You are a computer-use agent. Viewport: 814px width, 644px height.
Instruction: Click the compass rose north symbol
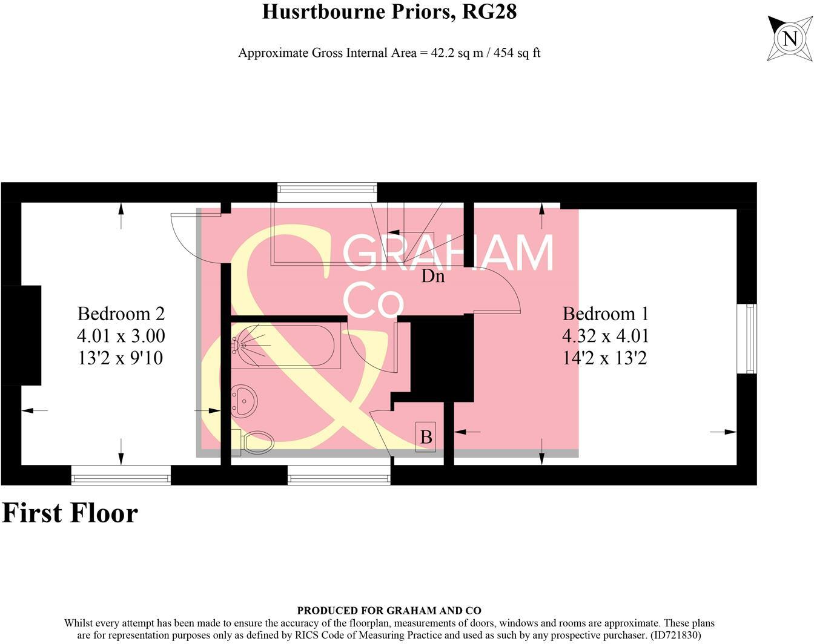pyautogui.click(x=790, y=39)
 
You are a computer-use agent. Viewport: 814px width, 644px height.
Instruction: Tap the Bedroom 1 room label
pyautogui.click(x=605, y=314)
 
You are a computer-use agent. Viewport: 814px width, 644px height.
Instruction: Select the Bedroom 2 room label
pyautogui.click(x=121, y=314)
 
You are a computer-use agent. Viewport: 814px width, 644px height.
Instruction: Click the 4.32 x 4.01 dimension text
pyautogui.click(x=605, y=336)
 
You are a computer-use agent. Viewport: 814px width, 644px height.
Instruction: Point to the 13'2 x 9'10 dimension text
pyautogui.click(x=121, y=358)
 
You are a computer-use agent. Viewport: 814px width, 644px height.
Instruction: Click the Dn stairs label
pyautogui.click(x=433, y=277)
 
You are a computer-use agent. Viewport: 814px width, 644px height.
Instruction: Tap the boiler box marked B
pyautogui.click(x=426, y=436)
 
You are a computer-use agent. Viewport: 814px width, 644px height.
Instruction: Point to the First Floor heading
pyautogui.click(x=70, y=513)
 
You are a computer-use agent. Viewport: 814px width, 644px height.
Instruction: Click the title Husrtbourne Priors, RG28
pyautogui.click(x=389, y=11)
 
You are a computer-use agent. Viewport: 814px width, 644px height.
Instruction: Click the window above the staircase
pyautogui.click(x=327, y=192)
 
